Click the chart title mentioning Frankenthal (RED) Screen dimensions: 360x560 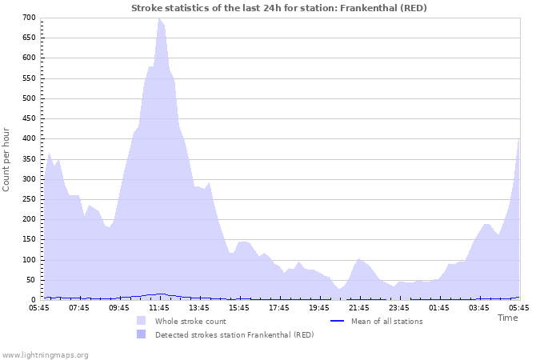point(279,8)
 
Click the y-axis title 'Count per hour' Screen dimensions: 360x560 point(7,159)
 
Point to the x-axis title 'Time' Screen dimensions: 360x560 point(507,318)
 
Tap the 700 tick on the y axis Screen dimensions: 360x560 point(29,18)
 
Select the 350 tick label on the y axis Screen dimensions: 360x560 point(29,159)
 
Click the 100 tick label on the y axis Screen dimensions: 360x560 point(29,260)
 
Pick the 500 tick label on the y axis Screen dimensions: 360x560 point(29,98)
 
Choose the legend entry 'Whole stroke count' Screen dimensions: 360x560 point(190,322)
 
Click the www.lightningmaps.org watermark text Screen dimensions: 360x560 point(45,354)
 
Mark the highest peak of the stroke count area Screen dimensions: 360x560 point(159,18)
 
